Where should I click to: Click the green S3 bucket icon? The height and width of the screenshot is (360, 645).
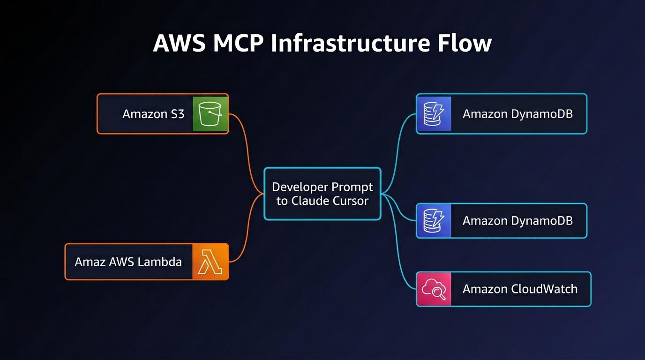(210, 114)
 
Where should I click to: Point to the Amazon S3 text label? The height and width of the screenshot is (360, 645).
(153, 114)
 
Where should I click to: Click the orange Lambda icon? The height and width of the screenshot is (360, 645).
(210, 262)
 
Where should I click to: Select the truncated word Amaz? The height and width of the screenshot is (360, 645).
(90, 262)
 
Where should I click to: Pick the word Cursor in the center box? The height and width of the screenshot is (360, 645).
(348, 201)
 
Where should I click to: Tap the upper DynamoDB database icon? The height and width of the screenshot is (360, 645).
(434, 114)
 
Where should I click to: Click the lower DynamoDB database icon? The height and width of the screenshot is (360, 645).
(434, 220)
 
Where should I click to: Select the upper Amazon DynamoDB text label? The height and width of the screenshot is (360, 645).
(517, 114)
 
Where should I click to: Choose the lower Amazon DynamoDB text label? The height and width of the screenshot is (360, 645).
(517, 220)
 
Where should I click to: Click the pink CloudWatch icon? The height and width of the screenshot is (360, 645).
(434, 289)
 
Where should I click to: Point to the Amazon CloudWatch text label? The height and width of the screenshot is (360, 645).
(520, 289)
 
